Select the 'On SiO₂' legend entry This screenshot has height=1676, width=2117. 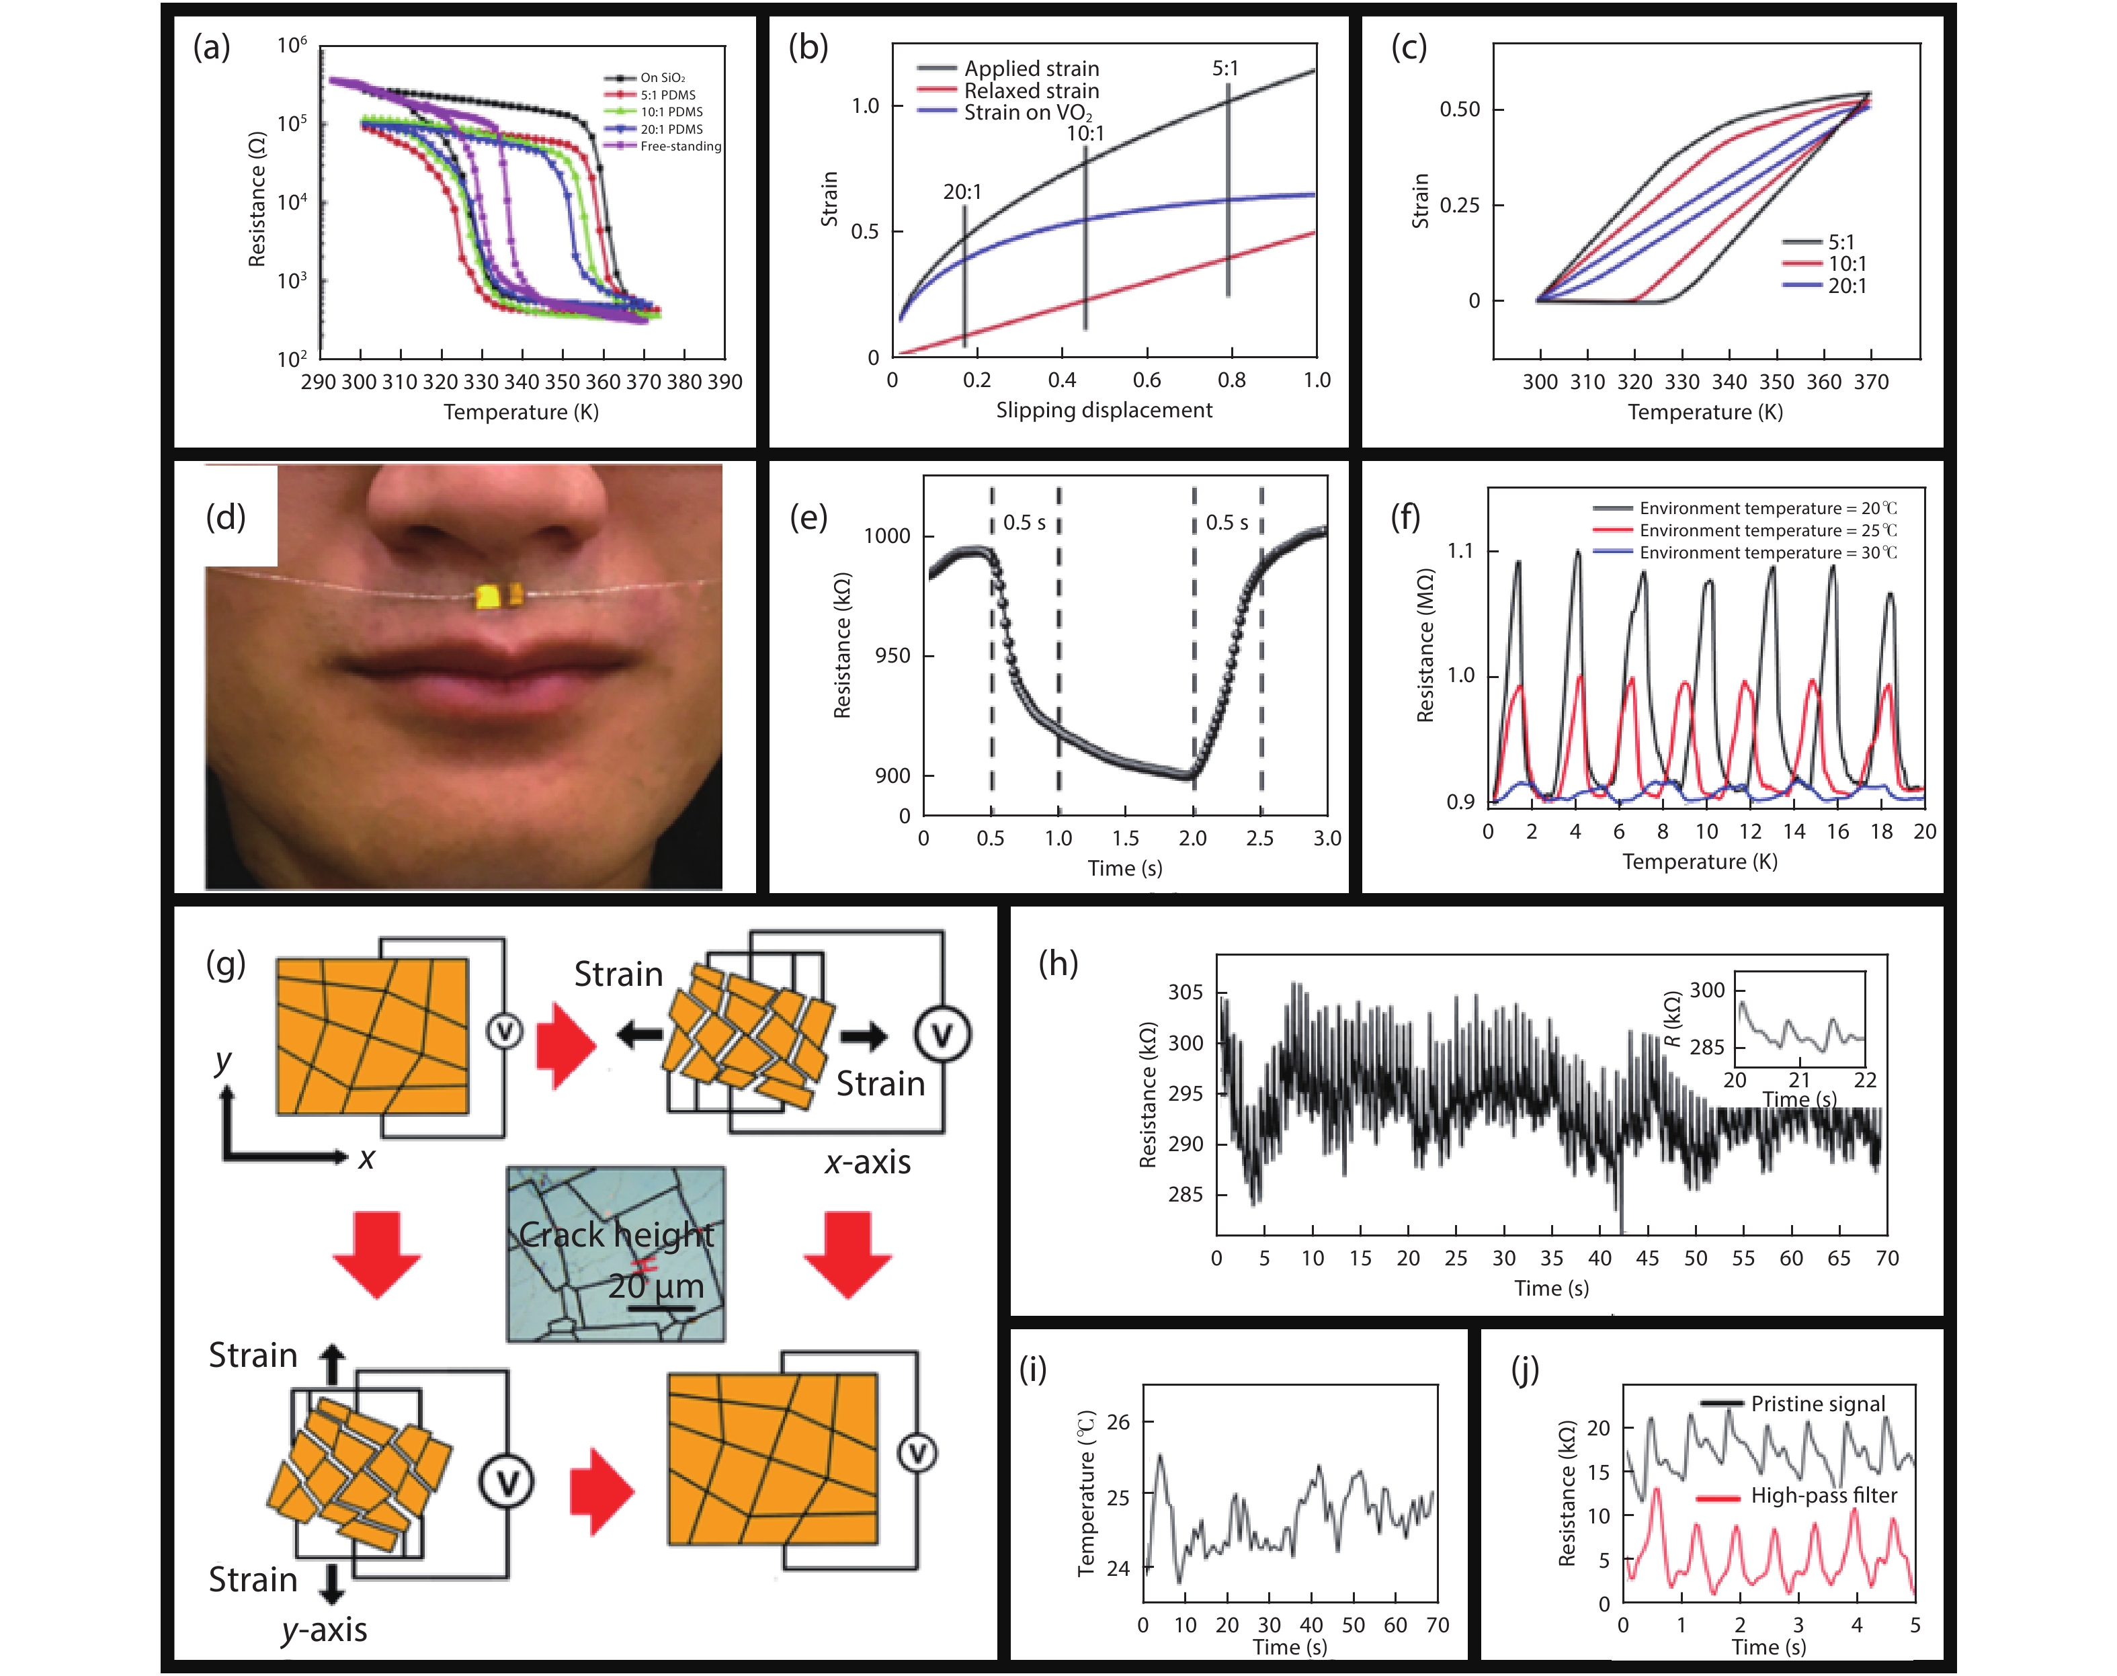663,77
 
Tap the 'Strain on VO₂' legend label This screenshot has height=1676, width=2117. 1027,113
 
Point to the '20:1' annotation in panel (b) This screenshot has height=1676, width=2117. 962,192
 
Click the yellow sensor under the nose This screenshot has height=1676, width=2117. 499,595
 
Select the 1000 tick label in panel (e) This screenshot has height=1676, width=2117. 886,536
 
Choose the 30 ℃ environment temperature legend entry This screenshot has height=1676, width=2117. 1768,552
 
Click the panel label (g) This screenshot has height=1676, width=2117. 224,964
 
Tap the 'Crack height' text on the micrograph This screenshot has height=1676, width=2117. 616,1234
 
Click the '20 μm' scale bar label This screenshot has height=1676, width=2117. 655,1286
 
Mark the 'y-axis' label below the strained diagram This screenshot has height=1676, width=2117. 324,1630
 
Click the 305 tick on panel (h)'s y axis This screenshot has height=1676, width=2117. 1185,992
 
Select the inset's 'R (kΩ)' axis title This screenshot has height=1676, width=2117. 1672,1019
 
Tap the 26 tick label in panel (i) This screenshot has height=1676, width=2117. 1118,1422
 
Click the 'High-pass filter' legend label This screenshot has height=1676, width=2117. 1823,1495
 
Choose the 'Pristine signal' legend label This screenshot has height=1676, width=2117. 1818,1405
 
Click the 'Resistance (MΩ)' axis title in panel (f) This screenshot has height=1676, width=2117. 1425,646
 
